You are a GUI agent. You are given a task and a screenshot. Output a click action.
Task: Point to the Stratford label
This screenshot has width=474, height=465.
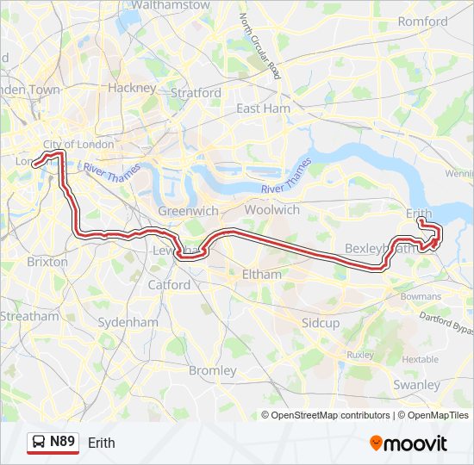click(x=196, y=93)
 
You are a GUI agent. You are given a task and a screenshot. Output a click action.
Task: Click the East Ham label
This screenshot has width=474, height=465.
click(x=264, y=108)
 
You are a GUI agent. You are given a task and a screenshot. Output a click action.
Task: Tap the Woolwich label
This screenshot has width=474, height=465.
click(x=272, y=209)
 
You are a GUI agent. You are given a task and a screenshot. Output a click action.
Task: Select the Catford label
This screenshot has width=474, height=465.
click(x=169, y=284)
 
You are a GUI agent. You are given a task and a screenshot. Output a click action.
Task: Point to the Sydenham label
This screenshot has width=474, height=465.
click(x=129, y=322)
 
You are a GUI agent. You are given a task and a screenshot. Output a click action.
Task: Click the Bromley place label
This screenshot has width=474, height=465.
click(x=212, y=370)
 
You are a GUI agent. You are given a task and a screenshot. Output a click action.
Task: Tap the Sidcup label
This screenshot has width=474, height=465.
click(x=321, y=323)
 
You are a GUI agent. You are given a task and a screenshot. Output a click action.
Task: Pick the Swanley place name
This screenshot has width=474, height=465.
click(x=416, y=385)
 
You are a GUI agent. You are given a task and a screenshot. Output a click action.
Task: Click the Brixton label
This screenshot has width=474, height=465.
click(x=47, y=261)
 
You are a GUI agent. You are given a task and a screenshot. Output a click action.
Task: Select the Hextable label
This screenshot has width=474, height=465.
click(x=420, y=359)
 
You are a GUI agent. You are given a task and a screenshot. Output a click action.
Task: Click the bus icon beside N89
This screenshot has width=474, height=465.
click(x=38, y=443)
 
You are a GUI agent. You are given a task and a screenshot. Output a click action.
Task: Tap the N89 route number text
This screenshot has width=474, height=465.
click(x=62, y=443)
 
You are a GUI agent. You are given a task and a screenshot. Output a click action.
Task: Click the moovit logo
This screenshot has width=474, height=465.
click(x=409, y=443)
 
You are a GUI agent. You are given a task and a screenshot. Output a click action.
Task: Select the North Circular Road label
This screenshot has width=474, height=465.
click(x=260, y=44)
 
